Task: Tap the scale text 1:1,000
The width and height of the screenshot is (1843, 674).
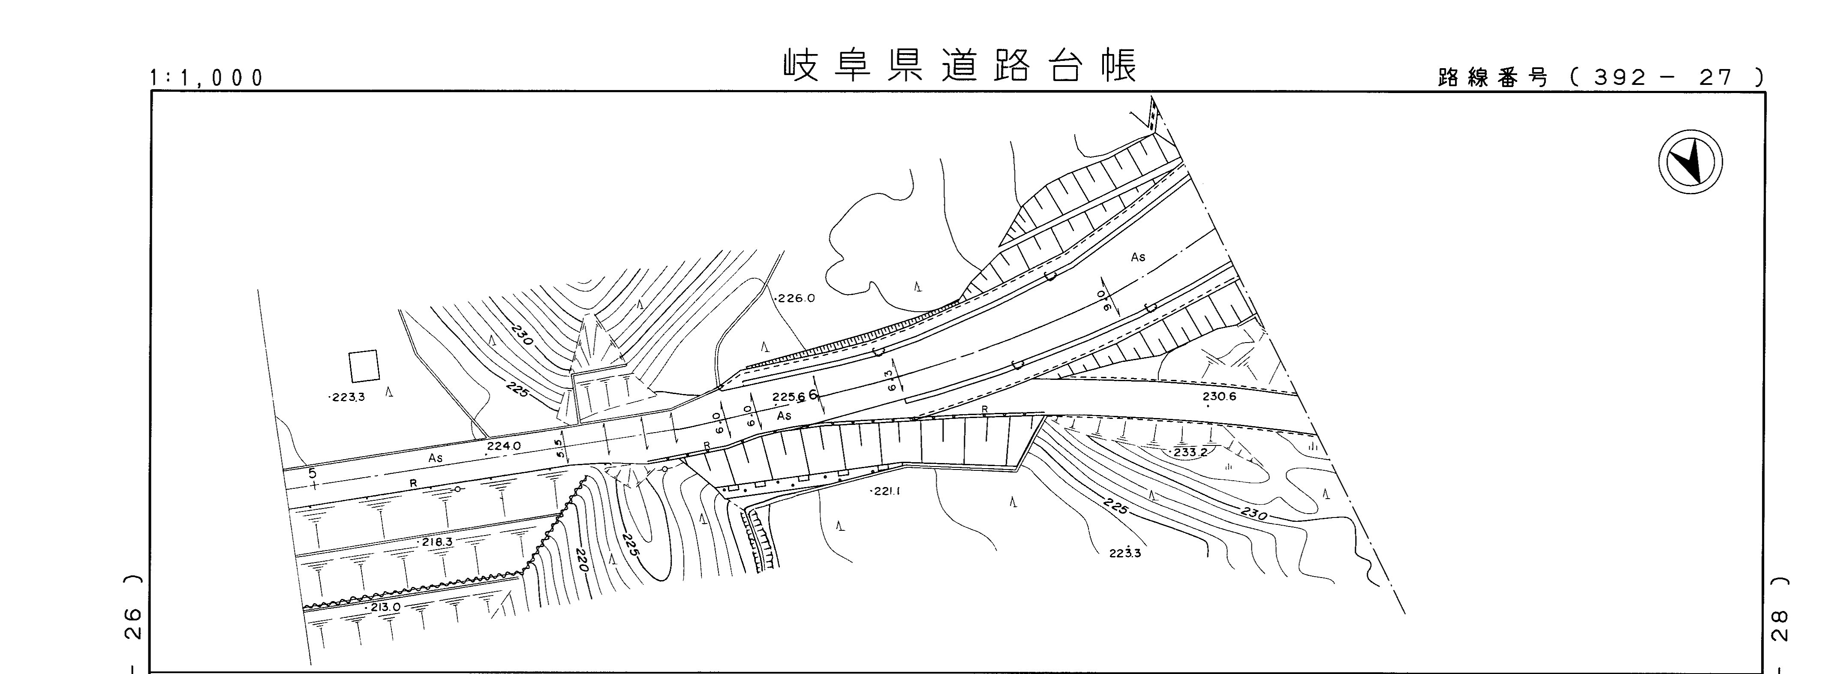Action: tap(207, 77)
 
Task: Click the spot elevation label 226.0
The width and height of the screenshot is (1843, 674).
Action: tap(796, 298)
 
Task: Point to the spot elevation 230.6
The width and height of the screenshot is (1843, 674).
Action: tap(1219, 397)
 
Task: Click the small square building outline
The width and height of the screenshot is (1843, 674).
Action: tap(364, 366)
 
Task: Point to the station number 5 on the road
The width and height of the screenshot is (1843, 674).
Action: tap(312, 473)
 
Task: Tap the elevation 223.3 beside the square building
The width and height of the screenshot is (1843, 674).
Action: tap(348, 397)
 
